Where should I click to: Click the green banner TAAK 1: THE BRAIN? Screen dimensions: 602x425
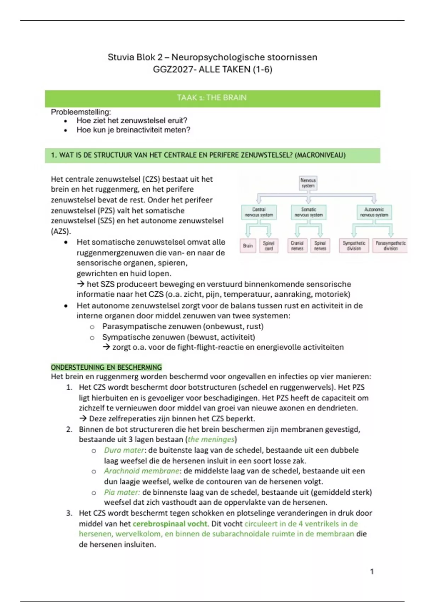point(212,98)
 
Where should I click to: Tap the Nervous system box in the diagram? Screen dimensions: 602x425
point(308,183)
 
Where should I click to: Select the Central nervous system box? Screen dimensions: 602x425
point(259,212)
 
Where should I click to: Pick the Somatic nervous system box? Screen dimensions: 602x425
point(308,212)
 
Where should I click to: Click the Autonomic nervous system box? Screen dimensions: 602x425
point(374,212)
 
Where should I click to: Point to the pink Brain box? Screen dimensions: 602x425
point(248,245)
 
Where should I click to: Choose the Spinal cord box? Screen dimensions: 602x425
point(268,245)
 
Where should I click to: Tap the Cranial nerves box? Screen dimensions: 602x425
point(297,245)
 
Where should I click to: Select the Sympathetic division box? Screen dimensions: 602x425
point(354,245)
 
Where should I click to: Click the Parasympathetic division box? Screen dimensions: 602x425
point(390,245)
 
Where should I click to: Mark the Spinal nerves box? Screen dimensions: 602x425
point(320,245)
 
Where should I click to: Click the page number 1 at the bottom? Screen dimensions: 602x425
point(372,572)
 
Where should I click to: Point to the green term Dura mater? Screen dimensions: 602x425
point(124,450)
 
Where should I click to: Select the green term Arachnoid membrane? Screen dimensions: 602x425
point(142,471)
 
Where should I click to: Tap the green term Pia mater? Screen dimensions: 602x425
point(122,492)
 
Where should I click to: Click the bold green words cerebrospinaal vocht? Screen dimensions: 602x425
point(170,524)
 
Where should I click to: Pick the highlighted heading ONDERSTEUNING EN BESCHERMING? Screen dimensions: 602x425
point(106,367)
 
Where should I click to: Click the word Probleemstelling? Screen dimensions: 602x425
point(81,112)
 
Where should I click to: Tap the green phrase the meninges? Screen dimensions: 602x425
point(211,439)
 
